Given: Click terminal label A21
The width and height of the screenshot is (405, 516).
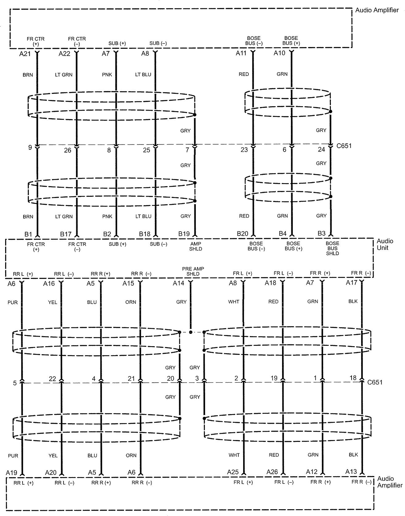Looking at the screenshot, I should click(x=25, y=54).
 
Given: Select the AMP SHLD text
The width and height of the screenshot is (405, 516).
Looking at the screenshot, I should click(x=196, y=246).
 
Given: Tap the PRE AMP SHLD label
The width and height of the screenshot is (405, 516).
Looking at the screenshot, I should click(x=193, y=271).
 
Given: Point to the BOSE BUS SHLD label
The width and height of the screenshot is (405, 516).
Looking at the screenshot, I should click(x=332, y=248).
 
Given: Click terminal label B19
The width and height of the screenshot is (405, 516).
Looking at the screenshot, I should click(x=184, y=234).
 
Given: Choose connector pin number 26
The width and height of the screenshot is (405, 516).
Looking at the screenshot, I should click(x=67, y=150).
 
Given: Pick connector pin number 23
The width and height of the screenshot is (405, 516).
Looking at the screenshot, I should click(x=244, y=150).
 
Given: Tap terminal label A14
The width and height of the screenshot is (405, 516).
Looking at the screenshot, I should click(x=179, y=283).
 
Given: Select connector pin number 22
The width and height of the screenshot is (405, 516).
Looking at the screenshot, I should click(x=53, y=379).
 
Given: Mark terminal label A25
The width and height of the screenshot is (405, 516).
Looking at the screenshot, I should click(x=233, y=472).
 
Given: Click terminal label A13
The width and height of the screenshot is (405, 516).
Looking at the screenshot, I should click(x=351, y=472).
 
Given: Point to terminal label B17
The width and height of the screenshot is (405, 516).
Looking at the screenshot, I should click(x=66, y=234).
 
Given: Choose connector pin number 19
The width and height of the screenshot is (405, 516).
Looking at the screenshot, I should click(x=274, y=378).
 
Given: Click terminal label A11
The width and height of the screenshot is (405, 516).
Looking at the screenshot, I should click(x=241, y=53).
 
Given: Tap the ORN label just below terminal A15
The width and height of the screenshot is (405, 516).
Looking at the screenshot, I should click(x=131, y=302).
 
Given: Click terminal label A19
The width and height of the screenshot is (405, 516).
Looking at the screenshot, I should click(x=12, y=472).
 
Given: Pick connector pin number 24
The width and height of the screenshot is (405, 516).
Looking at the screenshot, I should click(x=321, y=149).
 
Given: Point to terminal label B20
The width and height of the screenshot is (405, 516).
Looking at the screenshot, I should click(x=243, y=234).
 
